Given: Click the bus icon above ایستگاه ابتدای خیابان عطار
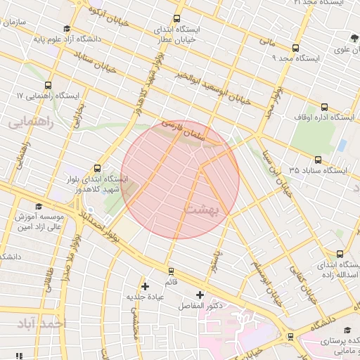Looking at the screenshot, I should coord(176,19).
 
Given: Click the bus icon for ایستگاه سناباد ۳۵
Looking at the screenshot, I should coord(319,160).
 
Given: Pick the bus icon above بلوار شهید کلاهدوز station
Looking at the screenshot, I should coord(96,168).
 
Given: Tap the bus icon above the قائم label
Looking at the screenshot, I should coord(170,271).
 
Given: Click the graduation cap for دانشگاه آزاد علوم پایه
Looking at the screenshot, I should coord(67,29).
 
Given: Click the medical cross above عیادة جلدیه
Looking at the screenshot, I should coord(146,286).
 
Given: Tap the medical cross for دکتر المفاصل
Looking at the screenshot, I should coord(200,295).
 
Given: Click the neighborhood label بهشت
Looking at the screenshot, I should coord(202,210).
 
